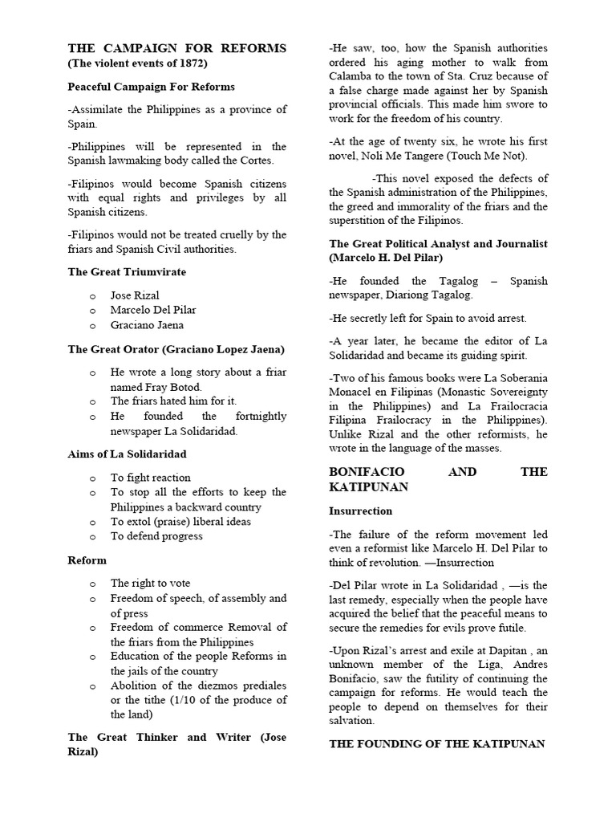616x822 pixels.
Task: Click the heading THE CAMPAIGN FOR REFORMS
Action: click(176, 48)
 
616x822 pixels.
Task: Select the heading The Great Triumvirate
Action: click(127, 272)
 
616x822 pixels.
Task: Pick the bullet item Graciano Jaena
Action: click(147, 325)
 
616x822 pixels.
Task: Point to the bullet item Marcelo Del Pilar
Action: click(153, 310)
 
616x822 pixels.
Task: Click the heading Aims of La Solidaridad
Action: click(128, 454)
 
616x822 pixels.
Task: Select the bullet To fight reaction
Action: click(151, 478)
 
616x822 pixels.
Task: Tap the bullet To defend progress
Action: click(156, 536)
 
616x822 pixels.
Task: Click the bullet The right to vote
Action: click(151, 584)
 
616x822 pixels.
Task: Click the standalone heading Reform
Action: click(87, 560)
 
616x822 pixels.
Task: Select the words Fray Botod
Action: click(164, 386)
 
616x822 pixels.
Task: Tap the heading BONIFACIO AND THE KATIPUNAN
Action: click(438, 479)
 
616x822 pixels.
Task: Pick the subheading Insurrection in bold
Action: click(360, 511)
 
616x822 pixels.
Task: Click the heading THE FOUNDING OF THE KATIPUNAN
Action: click(438, 744)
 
